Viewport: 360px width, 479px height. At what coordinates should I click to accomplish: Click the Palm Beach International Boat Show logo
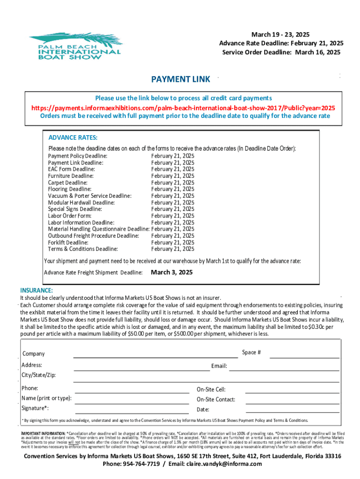75,46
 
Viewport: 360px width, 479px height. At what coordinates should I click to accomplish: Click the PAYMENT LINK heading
180,80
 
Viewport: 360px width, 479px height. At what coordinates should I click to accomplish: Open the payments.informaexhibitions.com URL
183,107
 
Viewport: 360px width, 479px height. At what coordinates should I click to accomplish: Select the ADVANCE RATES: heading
73,138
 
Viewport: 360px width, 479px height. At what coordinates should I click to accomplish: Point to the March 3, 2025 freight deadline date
172,272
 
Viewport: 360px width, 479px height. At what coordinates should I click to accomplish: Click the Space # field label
252,352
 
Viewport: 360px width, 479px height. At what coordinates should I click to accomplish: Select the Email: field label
219,366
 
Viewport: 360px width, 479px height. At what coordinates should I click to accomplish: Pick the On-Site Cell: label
211,390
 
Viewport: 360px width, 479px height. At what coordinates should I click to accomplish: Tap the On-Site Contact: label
216,399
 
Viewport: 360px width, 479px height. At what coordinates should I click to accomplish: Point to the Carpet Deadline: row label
68,182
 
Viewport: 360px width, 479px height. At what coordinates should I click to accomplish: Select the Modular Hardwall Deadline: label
81,203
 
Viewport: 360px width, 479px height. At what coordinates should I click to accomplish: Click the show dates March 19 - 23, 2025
281,35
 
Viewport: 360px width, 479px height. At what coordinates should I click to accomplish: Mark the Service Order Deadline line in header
281,52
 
